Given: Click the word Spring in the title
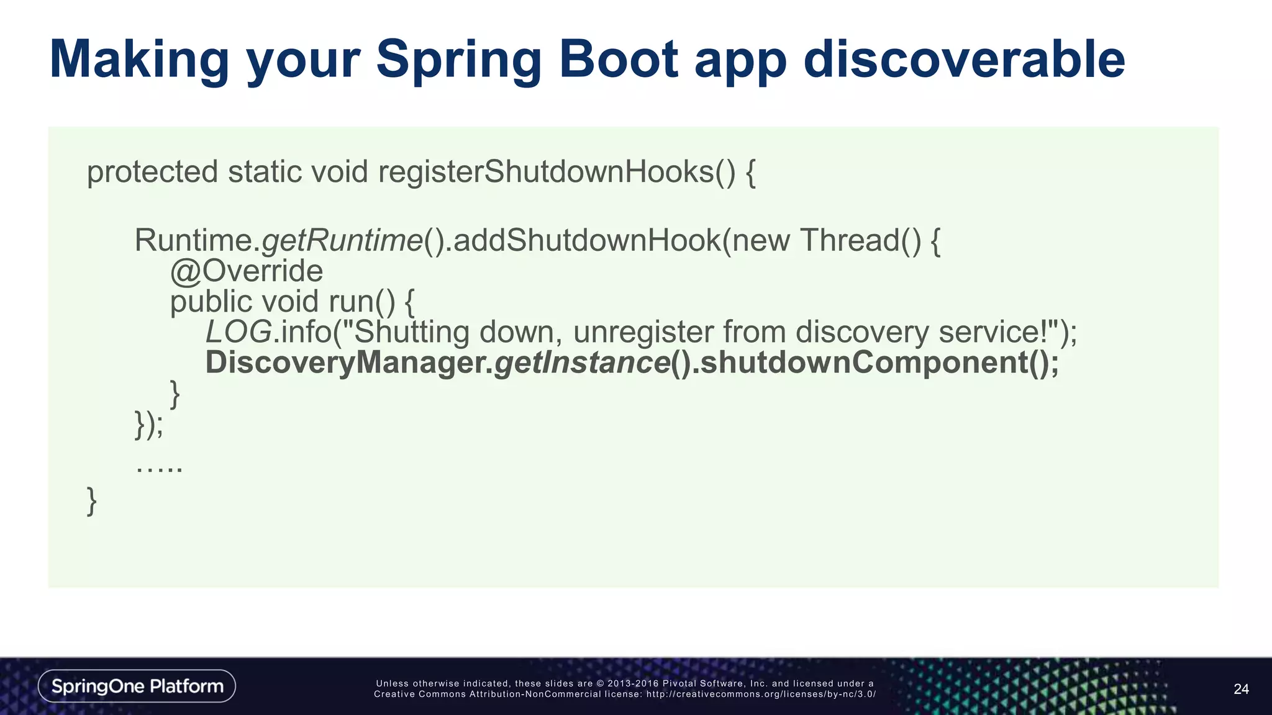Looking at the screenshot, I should pyautogui.click(x=458, y=60).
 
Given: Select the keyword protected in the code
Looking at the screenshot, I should pyautogui.click(x=152, y=172).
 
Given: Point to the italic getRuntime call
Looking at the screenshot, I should pyautogui.click(x=342, y=241).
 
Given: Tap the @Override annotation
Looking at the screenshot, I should pyautogui.click(x=247, y=271).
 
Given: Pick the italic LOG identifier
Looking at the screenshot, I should pyautogui.click(x=238, y=332).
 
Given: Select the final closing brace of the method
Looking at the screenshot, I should pyautogui.click(x=91, y=501).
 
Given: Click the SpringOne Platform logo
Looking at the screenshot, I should pyautogui.click(x=137, y=686).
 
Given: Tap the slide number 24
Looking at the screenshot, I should pyautogui.click(x=1241, y=689).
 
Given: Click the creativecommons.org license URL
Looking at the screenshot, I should pyautogui.click(x=761, y=695).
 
